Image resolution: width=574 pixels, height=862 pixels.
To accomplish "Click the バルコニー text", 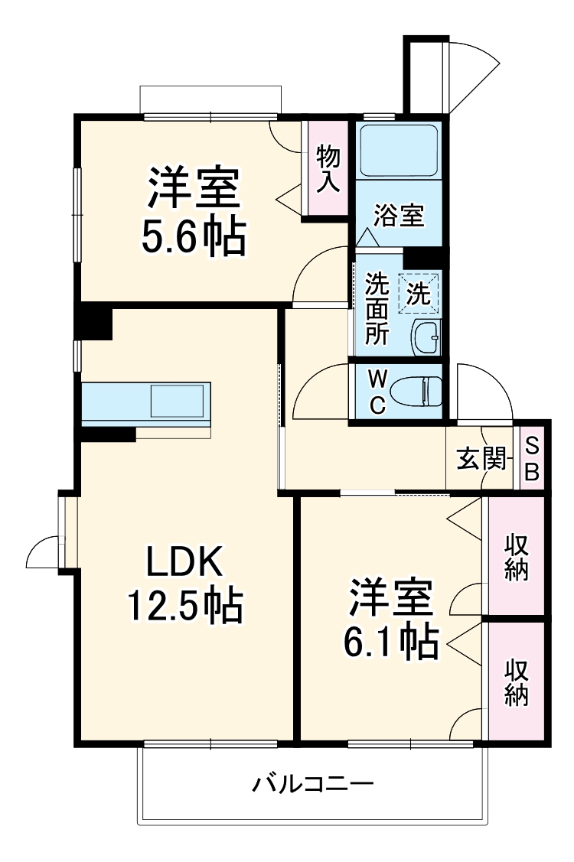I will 312,784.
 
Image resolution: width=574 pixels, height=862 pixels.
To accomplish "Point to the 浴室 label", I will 398,216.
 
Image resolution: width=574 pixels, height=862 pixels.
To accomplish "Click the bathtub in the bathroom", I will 398,150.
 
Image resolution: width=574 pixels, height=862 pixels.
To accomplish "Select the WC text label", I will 377,392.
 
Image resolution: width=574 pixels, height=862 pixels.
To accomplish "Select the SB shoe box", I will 532,458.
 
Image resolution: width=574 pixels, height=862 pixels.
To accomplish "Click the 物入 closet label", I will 328,168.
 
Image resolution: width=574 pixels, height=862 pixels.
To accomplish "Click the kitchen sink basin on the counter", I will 178,402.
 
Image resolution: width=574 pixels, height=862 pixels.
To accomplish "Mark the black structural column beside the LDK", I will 96,321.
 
